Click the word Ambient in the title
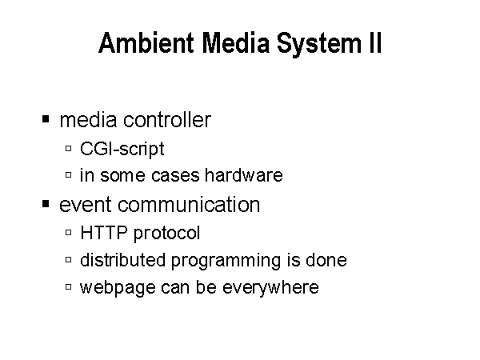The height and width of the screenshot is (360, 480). pyautogui.click(x=146, y=42)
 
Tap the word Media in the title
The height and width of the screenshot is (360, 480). pyautogui.click(x=236, y=42)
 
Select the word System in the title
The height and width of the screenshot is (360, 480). pyautogui.click(x=319, y=45)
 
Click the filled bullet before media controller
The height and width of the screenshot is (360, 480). pyautogui.click(x=46, y=118)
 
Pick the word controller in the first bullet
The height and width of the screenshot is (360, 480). pyautogui.click(x=167, y=119)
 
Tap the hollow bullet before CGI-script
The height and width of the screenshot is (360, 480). pyautogui.click(x=69, y=149)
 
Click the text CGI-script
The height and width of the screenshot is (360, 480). pyautogui.click(x=122, y=150)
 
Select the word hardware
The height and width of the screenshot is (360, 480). pyautogui.click(x=244, y=175)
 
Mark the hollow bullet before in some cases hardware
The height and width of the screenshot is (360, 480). pyautogui.click(x=69, y=175)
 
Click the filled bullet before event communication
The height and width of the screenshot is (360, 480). pyautogui.click(x=46, y=203)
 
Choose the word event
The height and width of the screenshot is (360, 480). pyautogui.click(x=86, y=205)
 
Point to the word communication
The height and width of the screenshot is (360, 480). pyautogui.click(x=189, y=204)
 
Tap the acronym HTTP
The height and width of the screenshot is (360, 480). pyautogui.click(x=103, y=233)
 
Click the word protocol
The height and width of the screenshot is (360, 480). pyautogui.click(x=167, y=234)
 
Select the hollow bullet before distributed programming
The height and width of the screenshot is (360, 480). pyautogui.click(x=69, y=260)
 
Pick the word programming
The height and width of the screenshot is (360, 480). pyautogui.click(x=226, y=261)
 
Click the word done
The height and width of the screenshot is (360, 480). pyautogui.click(x=326, y=260)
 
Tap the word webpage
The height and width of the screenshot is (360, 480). pyautogui.click(x=118, y=288)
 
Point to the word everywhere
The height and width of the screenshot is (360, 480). pyautogui.click(x=270, y=288)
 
